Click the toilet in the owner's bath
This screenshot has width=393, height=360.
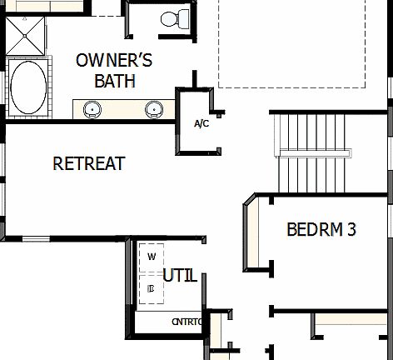click(x=173, y=18)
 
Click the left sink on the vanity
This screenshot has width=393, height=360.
click(x=92, y=108)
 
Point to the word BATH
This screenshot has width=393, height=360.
click(x=113, y=81)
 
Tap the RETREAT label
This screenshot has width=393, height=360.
click(x=88, y=163)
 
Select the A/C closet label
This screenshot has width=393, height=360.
click(x=201, y=124)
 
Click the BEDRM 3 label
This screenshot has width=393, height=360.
click(x=321, y=229)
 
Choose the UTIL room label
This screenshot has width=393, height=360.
click(x=180, y=276)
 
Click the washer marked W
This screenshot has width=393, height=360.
click(x=151, y=256)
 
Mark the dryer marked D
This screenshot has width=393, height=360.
click(x=151, y=288)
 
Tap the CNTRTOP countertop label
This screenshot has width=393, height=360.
click(x=187, y=322)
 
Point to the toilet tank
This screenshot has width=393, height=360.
click(x=173, y=11)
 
